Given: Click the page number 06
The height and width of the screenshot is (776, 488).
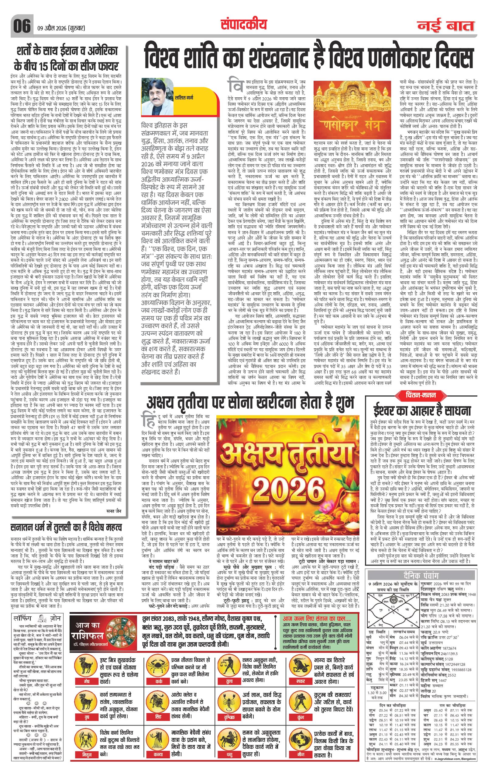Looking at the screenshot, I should click(22, 25).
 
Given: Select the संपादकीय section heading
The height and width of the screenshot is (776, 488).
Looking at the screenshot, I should click(244, 24).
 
